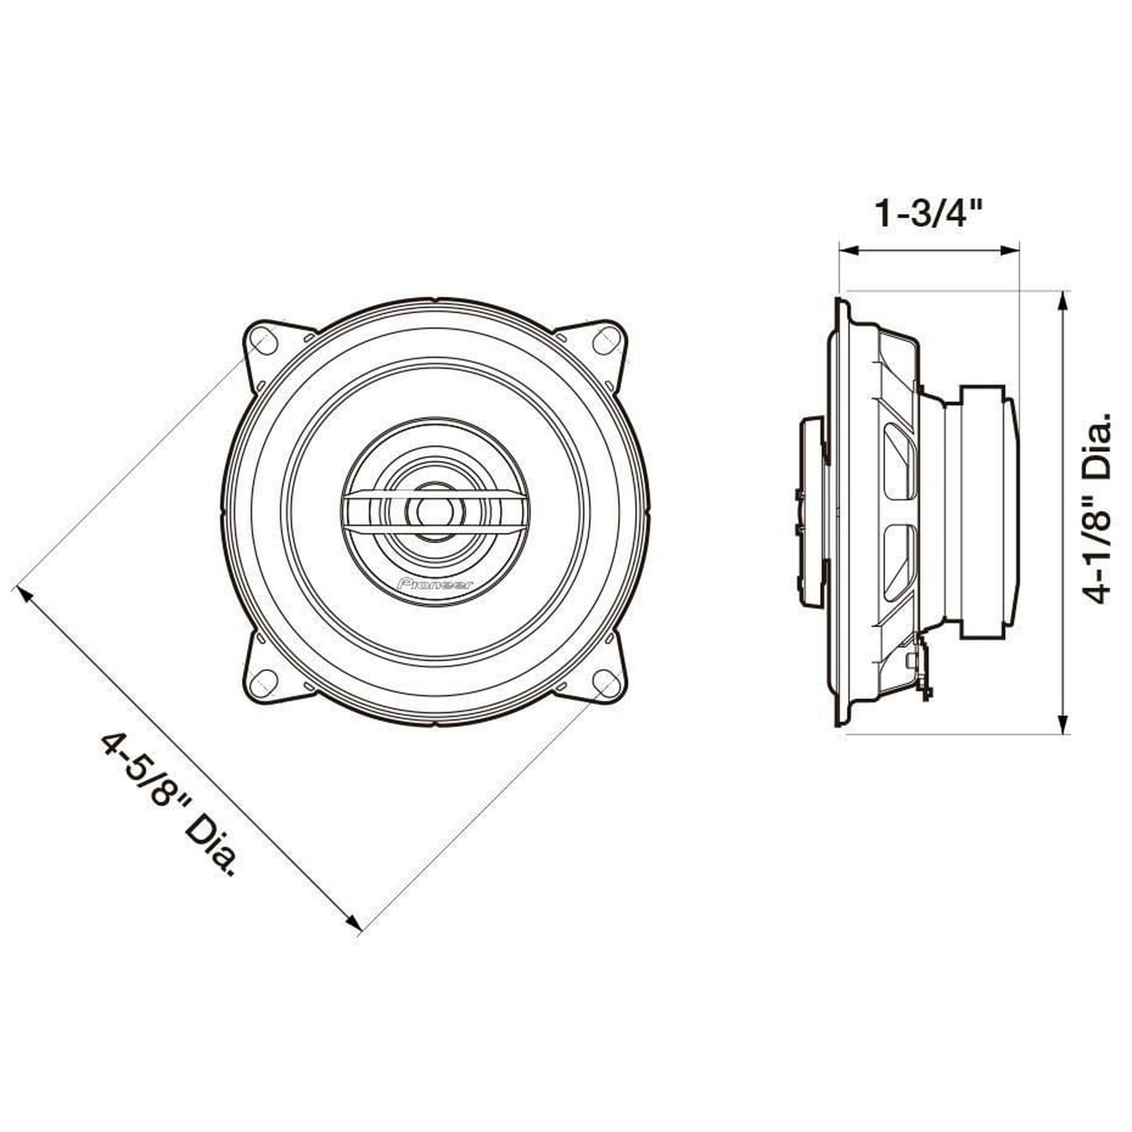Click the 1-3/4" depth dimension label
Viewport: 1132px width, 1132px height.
pyautogui.click(x=928, y=215)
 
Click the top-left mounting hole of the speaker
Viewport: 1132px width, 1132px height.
pyautogui.click(x=263, y=341)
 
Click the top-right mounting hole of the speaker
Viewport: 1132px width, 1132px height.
pyautogui.click(x=606, y=341)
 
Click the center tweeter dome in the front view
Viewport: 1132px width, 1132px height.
pyautogui.click(x=434, y=511)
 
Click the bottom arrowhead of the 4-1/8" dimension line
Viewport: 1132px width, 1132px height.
pyautogui.click(x=1063, y=726)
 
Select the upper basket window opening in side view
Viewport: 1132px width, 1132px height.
pyautogui.click(x=899, y=463)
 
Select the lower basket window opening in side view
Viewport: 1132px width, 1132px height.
pyautogui.click(x=899, y=561)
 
